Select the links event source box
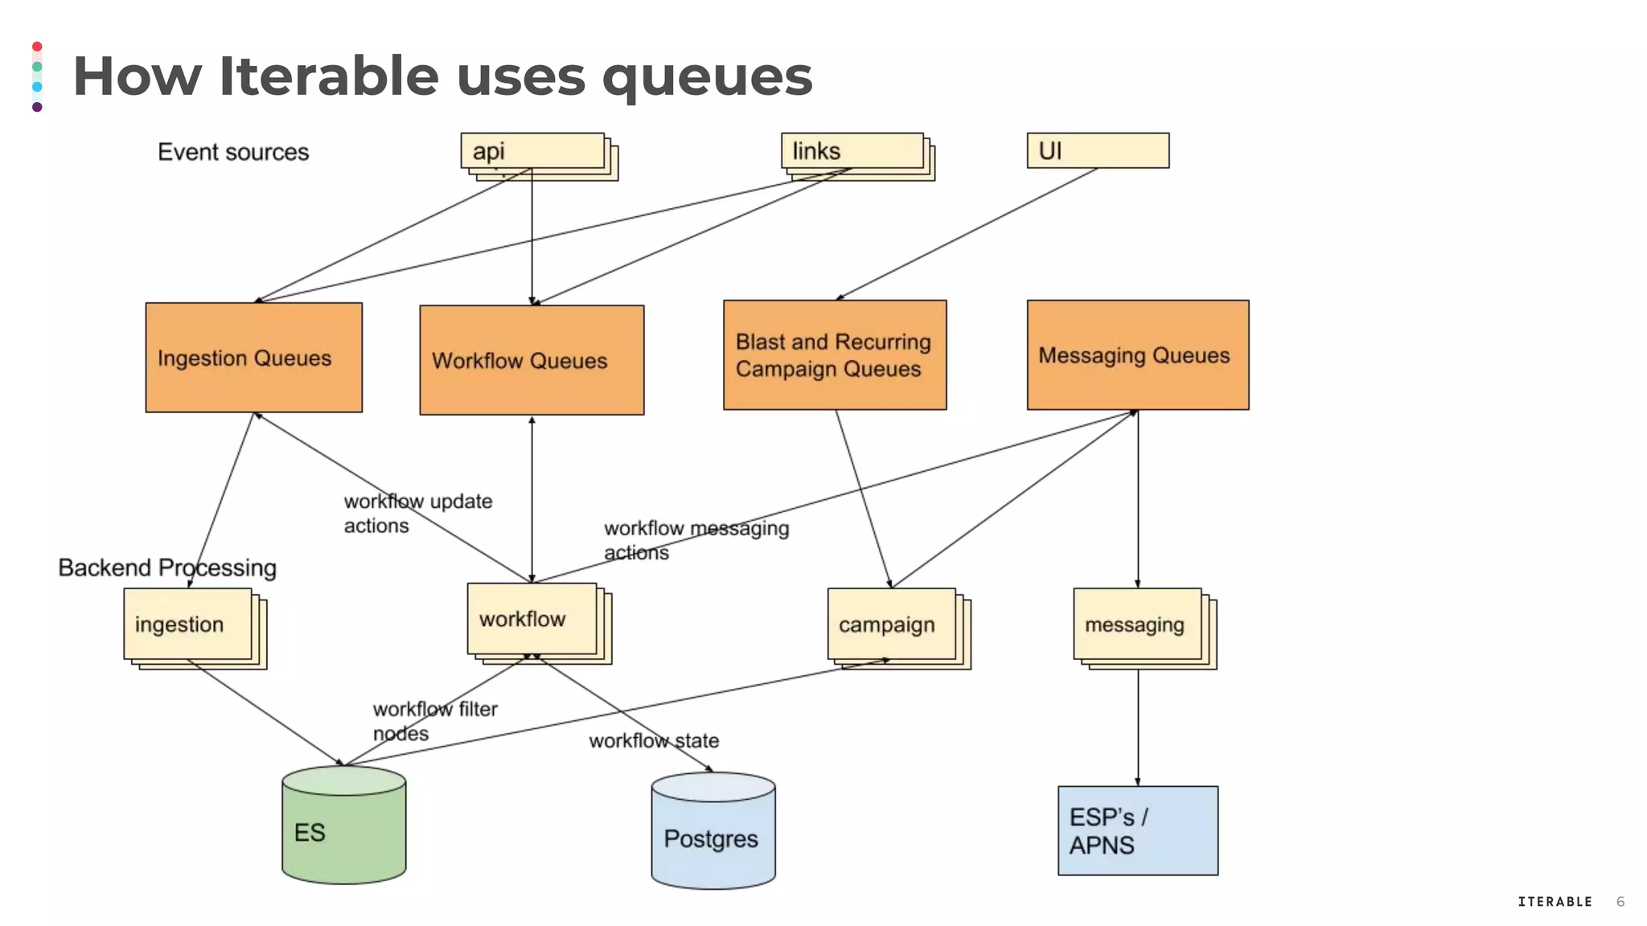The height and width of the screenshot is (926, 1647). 852,151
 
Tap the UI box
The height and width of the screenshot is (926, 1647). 1098,151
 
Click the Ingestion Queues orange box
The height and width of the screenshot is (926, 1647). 253,358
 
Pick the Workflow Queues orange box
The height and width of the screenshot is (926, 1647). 532,360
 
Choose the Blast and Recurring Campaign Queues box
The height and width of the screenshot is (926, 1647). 835,355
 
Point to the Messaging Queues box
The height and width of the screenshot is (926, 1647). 1138,355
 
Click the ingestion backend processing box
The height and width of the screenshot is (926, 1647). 188,625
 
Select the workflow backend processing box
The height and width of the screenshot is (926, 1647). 532,619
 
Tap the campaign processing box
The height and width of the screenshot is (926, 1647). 892,625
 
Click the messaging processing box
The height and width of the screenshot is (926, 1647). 1137,625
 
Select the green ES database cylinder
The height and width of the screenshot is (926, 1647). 344,828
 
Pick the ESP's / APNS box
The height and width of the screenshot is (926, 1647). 1138,830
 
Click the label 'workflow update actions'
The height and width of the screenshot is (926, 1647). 417,513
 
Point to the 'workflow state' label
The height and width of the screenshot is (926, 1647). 654,740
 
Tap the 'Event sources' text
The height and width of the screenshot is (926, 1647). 233,152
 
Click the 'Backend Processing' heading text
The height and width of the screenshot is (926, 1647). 167,567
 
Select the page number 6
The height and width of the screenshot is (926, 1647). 1620,902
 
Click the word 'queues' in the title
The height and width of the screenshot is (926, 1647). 708,77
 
